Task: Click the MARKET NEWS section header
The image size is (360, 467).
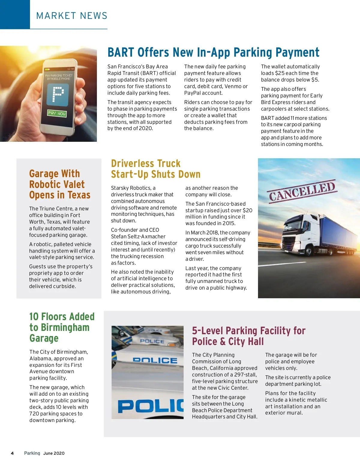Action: [x=72, y=16]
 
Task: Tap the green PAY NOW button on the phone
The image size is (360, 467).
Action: [x=57, y=113]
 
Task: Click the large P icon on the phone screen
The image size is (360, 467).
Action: [x=58, y=95]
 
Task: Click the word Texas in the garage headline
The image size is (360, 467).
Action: [x=79, y=195]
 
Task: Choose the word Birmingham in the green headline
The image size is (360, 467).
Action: [x=65, y=328]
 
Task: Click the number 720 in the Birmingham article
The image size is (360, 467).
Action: [x=34, y=414]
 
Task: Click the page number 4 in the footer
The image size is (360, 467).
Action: [x=12, y=453]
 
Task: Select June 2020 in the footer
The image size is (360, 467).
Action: [x=54, y=453]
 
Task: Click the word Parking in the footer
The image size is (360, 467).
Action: [x=32, y=453]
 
